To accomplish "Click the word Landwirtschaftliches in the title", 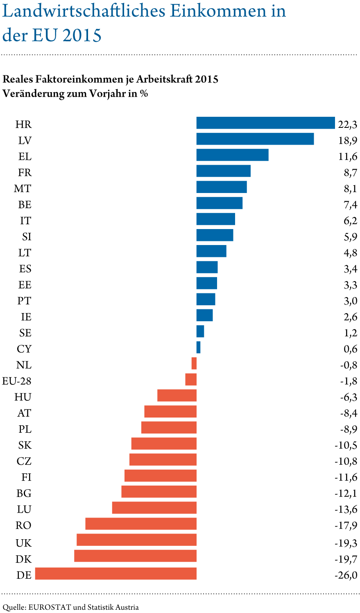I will tap(84, 12).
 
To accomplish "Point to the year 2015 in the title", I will tap(82, 36).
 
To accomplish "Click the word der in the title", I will tap(14, 36).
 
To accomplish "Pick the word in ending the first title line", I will tap(278, 12).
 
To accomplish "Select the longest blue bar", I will tap(265, 123).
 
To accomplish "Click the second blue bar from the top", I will tap(255, 139).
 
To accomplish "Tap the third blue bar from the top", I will tap(232, 155).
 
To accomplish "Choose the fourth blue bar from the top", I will tap(223, 171).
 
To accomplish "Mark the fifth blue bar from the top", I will tap(222, 187).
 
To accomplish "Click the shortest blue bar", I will tap(198, 347).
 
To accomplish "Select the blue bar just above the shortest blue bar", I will tap(200, 331).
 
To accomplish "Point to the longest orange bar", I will tap(115, 574).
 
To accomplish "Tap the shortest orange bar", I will tap(194, 363).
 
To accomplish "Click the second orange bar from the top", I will tap(191, 379).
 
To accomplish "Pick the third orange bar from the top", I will tap(177, 395).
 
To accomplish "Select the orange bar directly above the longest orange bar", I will tap(135, 556).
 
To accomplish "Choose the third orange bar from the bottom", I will tap(136, 540).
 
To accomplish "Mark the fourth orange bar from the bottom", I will tap(141, 524).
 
